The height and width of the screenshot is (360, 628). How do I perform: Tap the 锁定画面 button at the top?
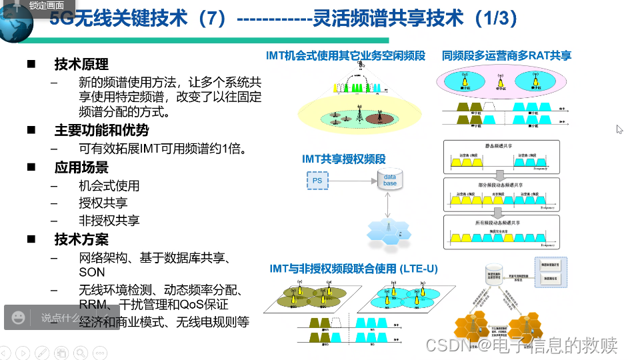pos(46,5)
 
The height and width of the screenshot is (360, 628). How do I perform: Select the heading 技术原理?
pos(81,65)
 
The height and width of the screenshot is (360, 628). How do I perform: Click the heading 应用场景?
pos(81,167)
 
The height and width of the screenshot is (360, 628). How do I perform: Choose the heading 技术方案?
pos(81,239)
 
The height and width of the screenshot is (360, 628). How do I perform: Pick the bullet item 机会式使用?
pos(109,186)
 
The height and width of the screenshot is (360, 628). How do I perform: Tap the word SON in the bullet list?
pos(92,272)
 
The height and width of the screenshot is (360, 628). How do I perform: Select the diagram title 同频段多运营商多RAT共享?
pos(507,56)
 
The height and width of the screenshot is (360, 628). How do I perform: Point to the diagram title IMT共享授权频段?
pos(343,159)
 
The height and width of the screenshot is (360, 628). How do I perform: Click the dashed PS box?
pos(318,180)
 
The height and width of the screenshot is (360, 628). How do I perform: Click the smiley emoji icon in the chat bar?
pos(19,317)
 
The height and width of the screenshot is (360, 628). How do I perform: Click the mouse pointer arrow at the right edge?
pos(619,129)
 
